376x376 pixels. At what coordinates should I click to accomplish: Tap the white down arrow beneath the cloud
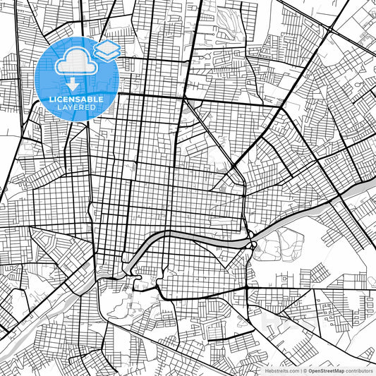tap(72, 84)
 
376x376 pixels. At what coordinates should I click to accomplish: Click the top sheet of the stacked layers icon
tap(107, 47)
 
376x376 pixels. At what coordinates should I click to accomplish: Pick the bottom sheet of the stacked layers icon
tap(107, 54)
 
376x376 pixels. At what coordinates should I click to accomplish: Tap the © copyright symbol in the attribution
tap(303, 370)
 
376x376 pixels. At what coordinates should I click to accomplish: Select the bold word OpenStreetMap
tap(325, 370)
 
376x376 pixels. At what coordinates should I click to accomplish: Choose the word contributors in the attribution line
tap(359, 370)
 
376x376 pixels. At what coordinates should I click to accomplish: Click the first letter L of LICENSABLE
tap(42, 99)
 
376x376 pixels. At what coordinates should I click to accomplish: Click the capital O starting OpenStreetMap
tap(308, 370)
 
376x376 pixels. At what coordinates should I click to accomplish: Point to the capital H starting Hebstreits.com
tap(267, 370)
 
